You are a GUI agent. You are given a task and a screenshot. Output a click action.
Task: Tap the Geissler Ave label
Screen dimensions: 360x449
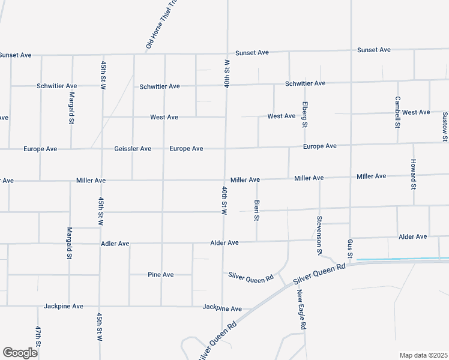coord(133,149)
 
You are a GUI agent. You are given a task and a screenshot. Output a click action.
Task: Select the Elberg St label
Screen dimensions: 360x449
coord(304,114)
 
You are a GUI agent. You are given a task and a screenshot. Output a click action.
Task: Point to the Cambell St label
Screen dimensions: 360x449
coord(397,112)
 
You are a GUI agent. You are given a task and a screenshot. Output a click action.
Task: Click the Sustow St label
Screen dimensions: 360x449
coord(445,127)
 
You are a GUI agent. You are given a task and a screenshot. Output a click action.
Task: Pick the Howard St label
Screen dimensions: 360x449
coord(414,174)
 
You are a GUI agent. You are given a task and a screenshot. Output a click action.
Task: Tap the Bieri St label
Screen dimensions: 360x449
coord(256,211)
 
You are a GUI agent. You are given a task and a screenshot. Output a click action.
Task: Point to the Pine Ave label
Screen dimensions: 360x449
coord(161,275)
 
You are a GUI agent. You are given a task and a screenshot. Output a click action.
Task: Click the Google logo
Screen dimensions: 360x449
coord(20,352)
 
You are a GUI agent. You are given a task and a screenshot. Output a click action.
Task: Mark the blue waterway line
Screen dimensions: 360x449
coord(402,259)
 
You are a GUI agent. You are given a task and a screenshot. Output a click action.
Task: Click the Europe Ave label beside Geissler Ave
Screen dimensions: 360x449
coord(186,149)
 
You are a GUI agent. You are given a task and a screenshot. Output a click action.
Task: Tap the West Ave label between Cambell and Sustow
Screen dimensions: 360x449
coord(416,112)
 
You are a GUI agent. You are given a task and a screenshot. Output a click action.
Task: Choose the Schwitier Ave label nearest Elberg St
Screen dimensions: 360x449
coord(306,83)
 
